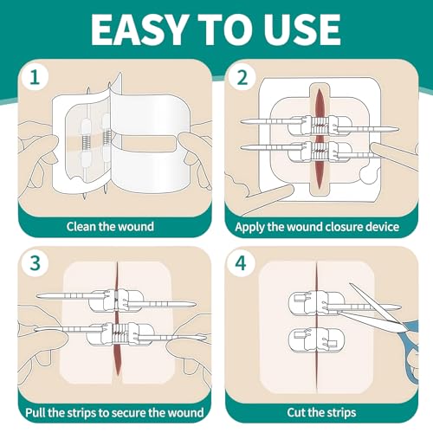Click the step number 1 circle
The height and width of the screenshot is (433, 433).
[35, 77]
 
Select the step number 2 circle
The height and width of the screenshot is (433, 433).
[242, 77]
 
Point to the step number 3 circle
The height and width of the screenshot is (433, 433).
[36, 263]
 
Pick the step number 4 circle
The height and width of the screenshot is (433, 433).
[241, 263]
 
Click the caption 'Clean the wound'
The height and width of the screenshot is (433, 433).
[110, 227]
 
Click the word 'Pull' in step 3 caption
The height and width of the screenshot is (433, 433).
[36, 412]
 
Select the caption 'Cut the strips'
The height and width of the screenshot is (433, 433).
[321, 412]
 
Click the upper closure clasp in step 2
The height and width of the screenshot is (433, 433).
[320, 126]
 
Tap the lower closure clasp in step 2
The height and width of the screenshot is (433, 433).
[320, 151]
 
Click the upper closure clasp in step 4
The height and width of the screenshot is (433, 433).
[317, 303]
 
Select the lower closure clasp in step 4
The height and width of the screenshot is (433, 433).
[317, 339]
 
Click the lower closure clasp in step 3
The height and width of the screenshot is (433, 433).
[120, 334]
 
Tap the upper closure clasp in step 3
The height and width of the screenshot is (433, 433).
[116, 301]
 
